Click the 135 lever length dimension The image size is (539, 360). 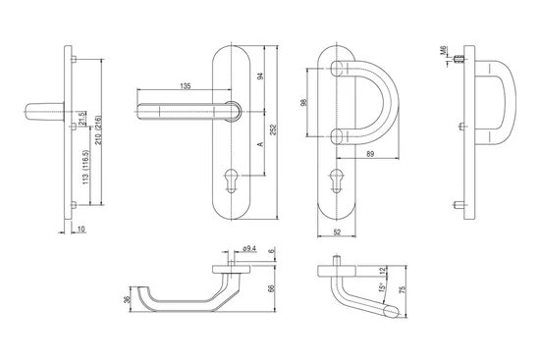pyautogui.click(x=186, y=86)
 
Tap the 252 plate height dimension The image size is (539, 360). pyautogui.click(x=273, y=129)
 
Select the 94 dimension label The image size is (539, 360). pyautogui.click(x=260, y=77)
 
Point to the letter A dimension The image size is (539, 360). pyautogui.click(x=260, y=144)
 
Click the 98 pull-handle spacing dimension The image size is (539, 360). pyautogui.click(x=303, y=102)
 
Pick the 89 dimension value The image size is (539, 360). pyautogui.click(x=370, y=154)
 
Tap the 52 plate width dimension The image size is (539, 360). pyautogui.click(x=337, y=232)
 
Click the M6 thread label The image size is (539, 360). pyautogui.click(x=443, y=50)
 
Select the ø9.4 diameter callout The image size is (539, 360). pyautogui.click(x=249, y=248)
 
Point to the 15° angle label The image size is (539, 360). pyautogui.click(x=381, y=286)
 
